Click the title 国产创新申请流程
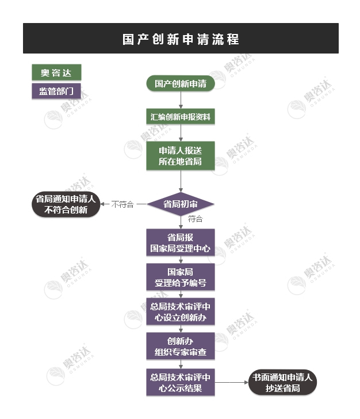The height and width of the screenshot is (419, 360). (181, 39)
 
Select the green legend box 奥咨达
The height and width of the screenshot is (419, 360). (56, 72)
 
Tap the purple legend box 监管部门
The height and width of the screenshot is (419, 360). (56, 91)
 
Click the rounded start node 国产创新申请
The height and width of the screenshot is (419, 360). (181, 83)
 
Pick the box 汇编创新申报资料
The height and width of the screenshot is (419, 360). (181, 116)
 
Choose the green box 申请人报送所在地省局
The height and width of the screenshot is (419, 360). (181, 156)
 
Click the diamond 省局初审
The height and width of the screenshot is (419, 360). (181, 204)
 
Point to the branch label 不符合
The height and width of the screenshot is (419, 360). (122, 204)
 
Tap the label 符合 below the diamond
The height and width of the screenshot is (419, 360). (195, 219)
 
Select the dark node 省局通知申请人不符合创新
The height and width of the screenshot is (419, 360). (66, 204)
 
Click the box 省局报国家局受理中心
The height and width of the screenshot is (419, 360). (181, 242)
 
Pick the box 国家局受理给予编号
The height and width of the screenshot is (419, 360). (181, 277)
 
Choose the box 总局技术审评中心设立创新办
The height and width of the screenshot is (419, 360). (181, 311)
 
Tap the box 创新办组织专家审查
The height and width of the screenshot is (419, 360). (181, 346)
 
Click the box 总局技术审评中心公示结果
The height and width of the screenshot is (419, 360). (181, 382)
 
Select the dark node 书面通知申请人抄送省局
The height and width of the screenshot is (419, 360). (282, 382)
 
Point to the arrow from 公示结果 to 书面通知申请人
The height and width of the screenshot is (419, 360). (232, 382)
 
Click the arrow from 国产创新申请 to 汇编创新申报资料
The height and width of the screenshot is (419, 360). (181, 100)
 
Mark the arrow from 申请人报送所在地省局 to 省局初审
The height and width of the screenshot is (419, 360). (181, 181)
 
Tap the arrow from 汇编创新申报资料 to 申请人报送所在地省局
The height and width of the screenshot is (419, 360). (181, 133)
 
